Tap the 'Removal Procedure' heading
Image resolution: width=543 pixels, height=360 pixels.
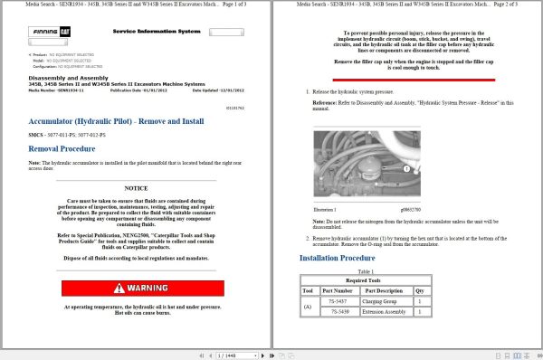coord(62,147)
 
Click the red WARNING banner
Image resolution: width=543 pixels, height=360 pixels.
coord(136,288)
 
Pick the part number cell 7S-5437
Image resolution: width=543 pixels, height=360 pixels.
coord(338,300)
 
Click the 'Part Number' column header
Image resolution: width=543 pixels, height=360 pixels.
coord(338,289)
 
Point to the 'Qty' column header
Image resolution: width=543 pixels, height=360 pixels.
coord(419,289)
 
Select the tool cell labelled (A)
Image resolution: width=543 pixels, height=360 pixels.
coord(307,307)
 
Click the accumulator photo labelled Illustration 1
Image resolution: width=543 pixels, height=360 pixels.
coord(363,166)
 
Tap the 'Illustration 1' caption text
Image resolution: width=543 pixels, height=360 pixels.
coord(325,208)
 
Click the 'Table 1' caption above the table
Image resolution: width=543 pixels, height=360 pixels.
coord(366,270)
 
